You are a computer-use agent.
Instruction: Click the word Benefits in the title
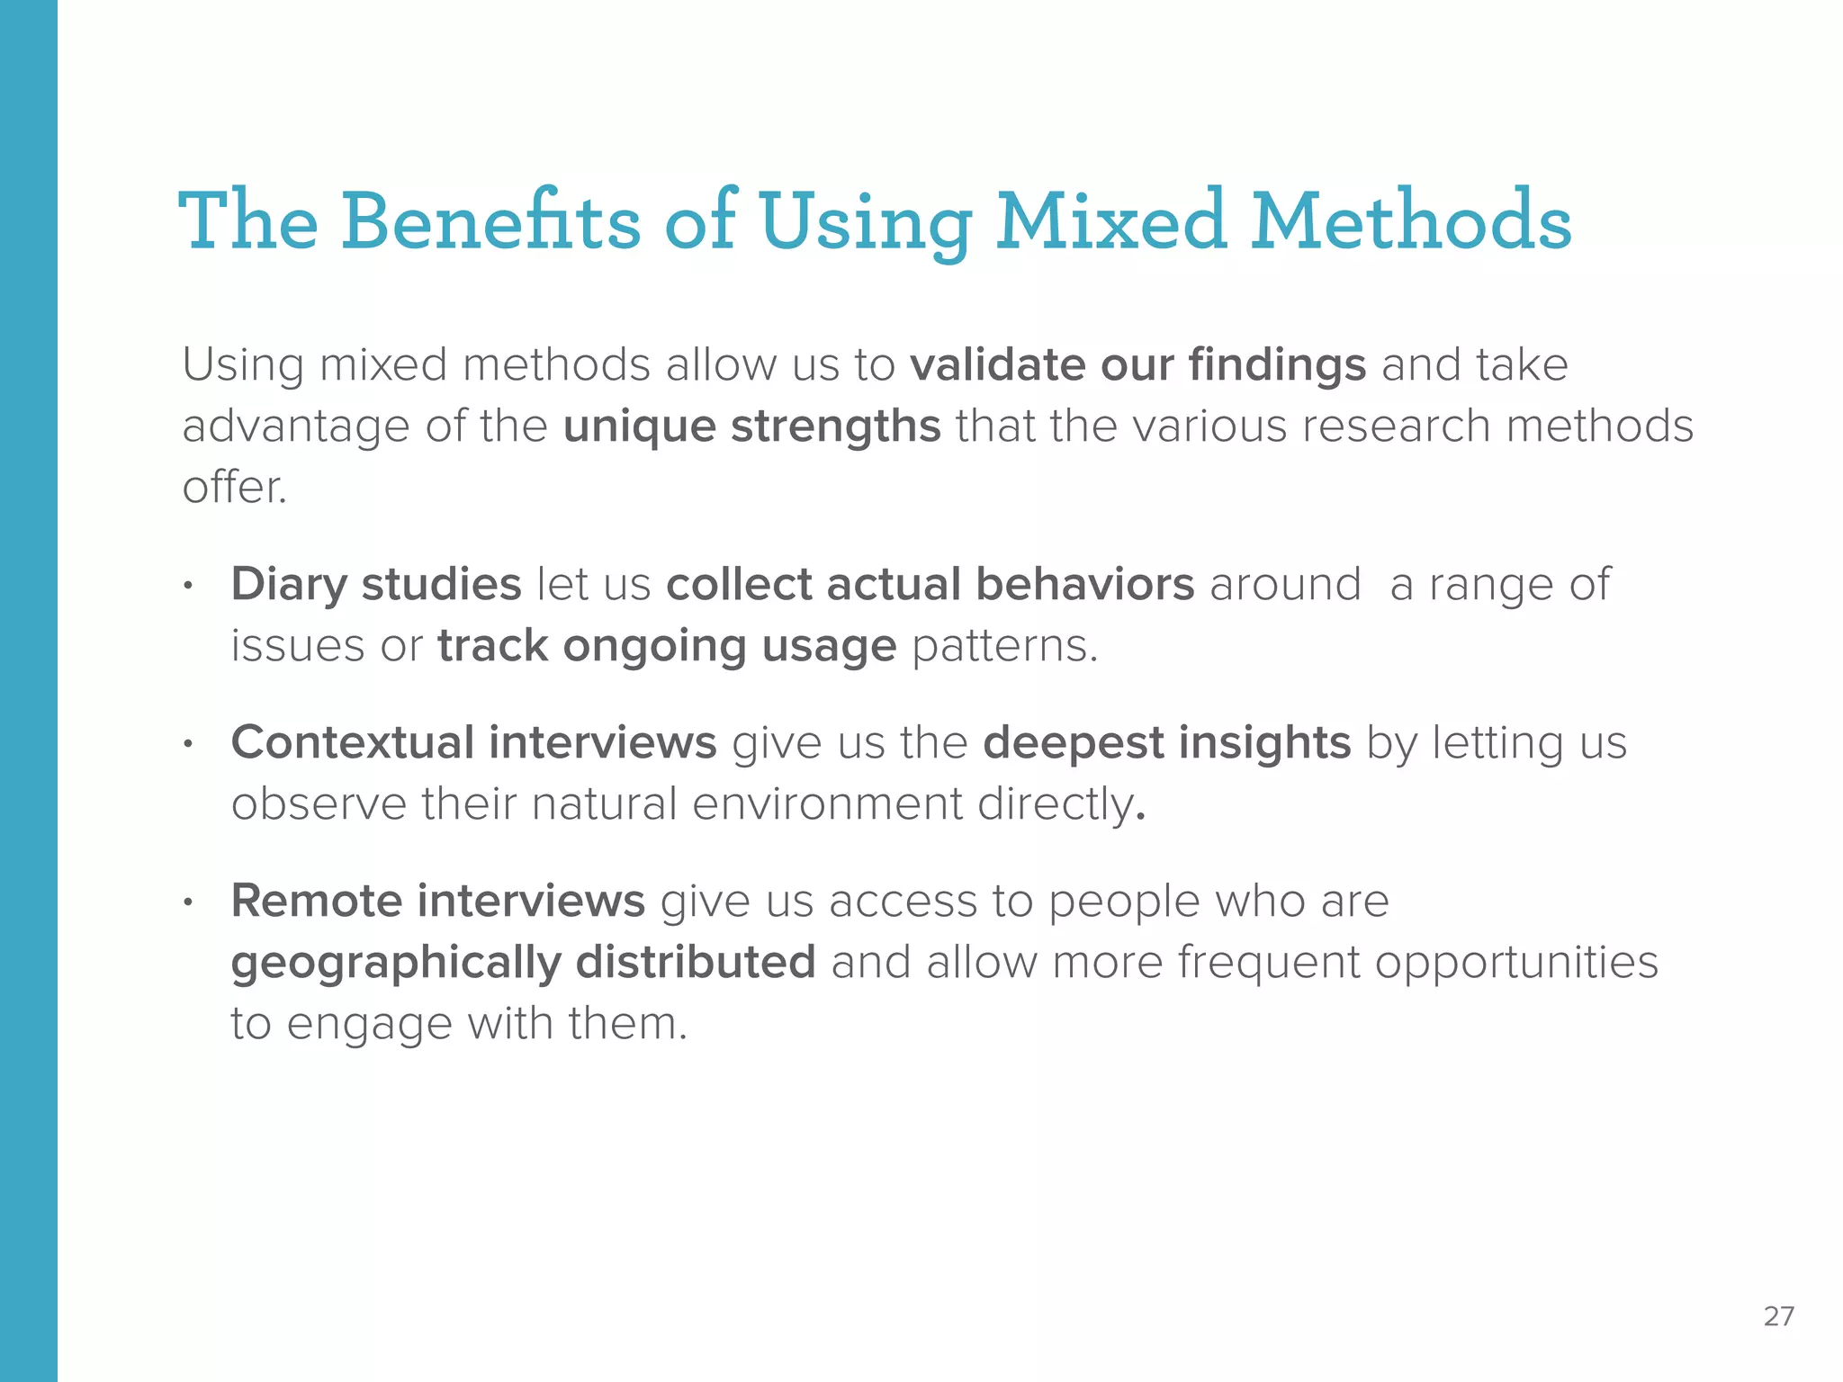[490, 220]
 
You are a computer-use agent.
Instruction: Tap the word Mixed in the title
[1110, 220]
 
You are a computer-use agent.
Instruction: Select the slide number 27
[1778, 1316]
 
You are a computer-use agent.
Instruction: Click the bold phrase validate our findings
[1137, 365]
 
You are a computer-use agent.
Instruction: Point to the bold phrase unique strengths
[751, 426]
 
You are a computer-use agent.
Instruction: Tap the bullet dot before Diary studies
[188, 587]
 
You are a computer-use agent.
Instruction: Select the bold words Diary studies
[376, 584]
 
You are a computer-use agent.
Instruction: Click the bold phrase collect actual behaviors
[930, 584]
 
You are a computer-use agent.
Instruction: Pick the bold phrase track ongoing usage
[667, 646]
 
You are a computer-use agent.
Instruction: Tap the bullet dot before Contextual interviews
[188, 745]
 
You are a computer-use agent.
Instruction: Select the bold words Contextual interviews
[473, 743]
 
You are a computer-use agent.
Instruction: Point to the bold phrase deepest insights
[1166, 743]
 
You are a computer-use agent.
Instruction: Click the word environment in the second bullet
[827, 803]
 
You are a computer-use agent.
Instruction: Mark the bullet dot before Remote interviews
[188, 902]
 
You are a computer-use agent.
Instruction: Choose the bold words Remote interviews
[437, 901]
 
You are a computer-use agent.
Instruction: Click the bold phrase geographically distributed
[523, 962]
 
